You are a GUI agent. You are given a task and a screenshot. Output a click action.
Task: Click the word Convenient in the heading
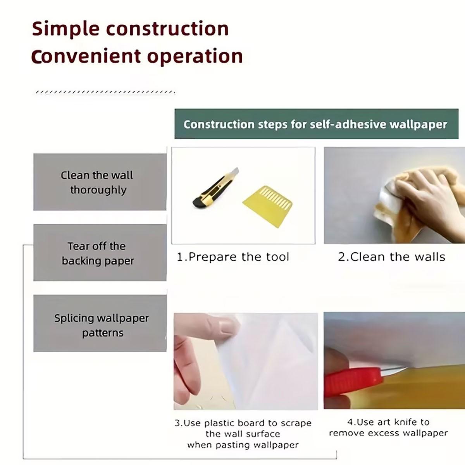(x=86, y=56)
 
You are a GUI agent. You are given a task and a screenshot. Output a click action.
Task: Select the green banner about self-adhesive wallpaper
(x=316, y=124)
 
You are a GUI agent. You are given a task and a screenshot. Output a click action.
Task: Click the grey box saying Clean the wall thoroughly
(x=100, y=182)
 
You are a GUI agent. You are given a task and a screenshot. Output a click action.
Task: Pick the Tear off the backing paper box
(x=100, y=253)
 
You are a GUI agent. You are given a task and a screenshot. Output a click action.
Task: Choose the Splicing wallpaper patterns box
(x=100, y=323)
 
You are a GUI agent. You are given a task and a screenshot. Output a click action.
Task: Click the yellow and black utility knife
(x=215, y=188)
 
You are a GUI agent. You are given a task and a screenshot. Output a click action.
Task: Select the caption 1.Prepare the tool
(x=233, y=257)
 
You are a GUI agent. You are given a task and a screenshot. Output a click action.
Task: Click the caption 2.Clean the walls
(x=391, y=257)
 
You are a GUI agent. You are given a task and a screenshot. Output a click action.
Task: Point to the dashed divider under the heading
(x=105, y=92)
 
